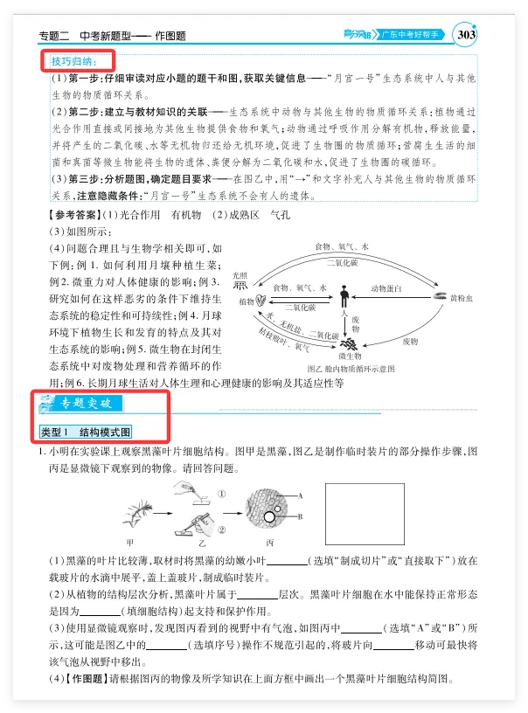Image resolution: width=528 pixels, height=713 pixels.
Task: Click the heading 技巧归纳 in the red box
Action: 76,62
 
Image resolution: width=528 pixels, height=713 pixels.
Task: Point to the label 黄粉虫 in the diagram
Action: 461,298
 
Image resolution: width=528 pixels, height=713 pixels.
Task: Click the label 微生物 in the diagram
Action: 351,356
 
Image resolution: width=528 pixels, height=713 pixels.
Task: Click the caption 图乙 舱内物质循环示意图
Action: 351,369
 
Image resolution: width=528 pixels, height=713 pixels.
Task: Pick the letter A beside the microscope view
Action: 300,495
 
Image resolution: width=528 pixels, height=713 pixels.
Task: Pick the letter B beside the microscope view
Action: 300,516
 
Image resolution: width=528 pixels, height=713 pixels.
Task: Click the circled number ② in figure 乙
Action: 222,529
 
